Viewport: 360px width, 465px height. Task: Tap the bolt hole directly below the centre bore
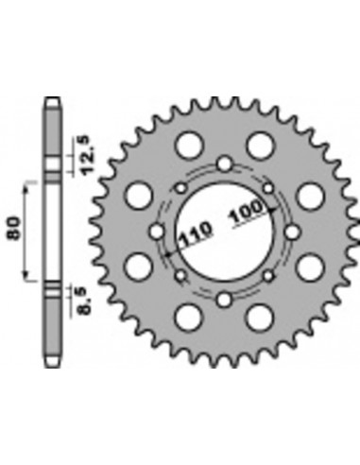point(223,301)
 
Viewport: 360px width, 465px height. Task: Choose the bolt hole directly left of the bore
point(156,232)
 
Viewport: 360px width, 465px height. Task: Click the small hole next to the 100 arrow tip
point(269,187)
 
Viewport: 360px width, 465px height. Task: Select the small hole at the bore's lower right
point(268,277)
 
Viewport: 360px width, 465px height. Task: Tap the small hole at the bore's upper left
point(179,187)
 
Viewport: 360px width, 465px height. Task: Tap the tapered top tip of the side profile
point(53,101)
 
